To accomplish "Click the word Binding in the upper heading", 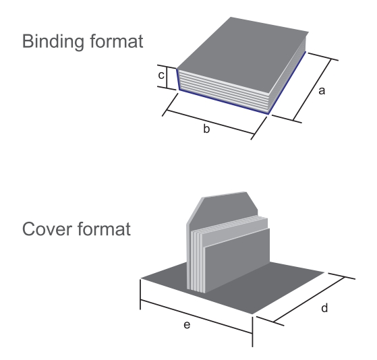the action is point(53,42).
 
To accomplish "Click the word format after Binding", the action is point(117,41).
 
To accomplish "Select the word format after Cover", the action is point(104,229).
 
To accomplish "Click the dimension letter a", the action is point(322,91).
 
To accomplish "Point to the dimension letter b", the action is point(206,128).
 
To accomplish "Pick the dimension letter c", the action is point(161,76).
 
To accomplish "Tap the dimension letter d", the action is point(324,307).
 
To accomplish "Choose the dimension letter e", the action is point(187,325).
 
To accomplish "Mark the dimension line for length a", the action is point(312,90).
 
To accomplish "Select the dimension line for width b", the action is point(210,122).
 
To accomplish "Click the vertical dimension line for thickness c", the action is point(167,78).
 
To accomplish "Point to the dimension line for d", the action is point(310,299).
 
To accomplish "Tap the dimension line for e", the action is point(196,317).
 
